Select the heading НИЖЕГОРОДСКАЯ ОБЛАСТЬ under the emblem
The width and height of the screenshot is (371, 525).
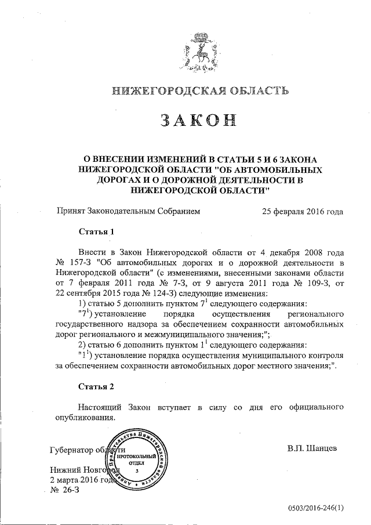[x=199, y=90]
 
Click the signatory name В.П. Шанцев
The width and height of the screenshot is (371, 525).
[x=311, y=449]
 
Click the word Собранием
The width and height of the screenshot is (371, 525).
[x=173, y=212]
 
